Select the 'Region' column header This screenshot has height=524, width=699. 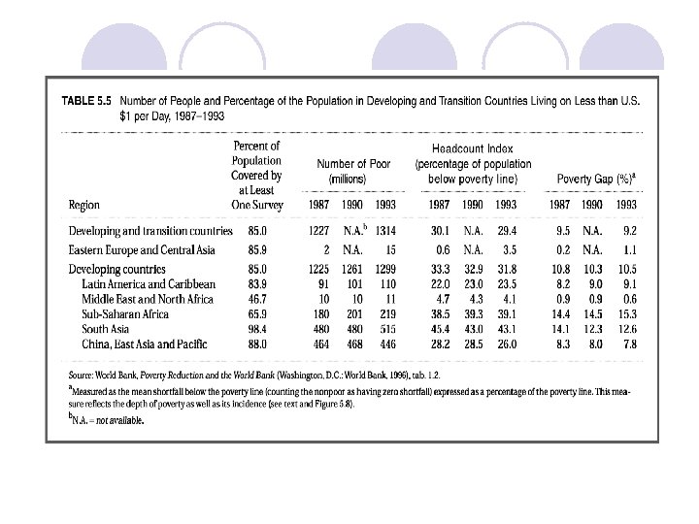[x=84, y=206]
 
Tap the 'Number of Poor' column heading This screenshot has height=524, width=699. [x=353, y=164]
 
